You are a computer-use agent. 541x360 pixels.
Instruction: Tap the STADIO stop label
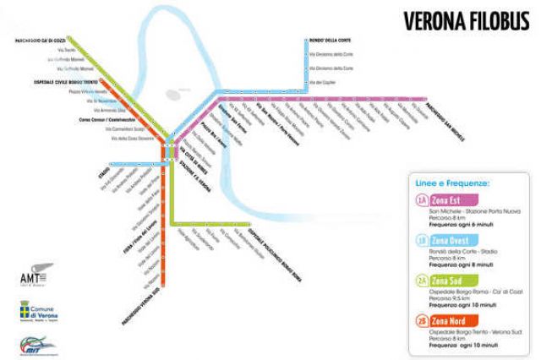105,169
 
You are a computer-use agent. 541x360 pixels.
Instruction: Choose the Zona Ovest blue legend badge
448,240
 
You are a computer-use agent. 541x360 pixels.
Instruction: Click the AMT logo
36,276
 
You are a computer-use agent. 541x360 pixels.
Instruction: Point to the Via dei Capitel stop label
325,82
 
